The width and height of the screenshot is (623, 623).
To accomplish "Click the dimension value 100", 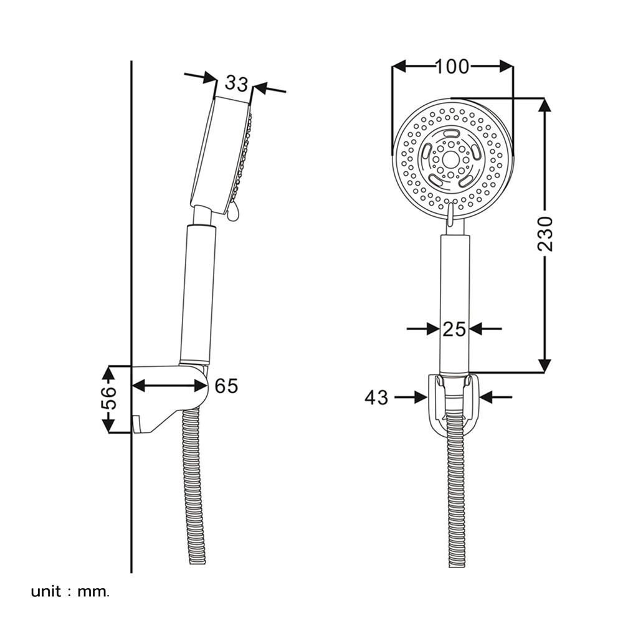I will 452,67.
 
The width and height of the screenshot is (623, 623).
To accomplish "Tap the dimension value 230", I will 545,234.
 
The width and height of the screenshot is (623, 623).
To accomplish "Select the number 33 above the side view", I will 237,83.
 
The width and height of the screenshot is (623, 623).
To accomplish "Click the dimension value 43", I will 376,397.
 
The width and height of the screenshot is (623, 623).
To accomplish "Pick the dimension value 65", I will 226,386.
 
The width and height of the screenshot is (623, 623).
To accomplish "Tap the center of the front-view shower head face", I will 452,158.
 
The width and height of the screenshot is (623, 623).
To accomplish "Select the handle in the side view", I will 197,293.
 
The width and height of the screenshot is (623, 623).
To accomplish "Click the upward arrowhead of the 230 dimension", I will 545,106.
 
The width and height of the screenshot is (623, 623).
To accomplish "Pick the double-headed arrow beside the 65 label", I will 169,386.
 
